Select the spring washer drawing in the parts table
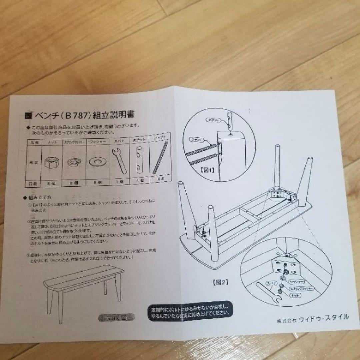coord(74,162)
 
